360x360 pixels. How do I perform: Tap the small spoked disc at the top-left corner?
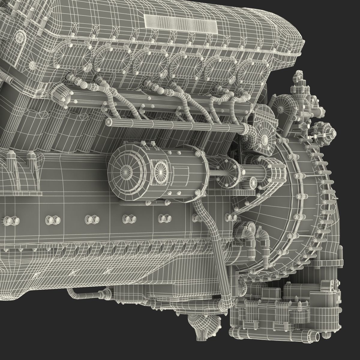pos(20,37)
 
